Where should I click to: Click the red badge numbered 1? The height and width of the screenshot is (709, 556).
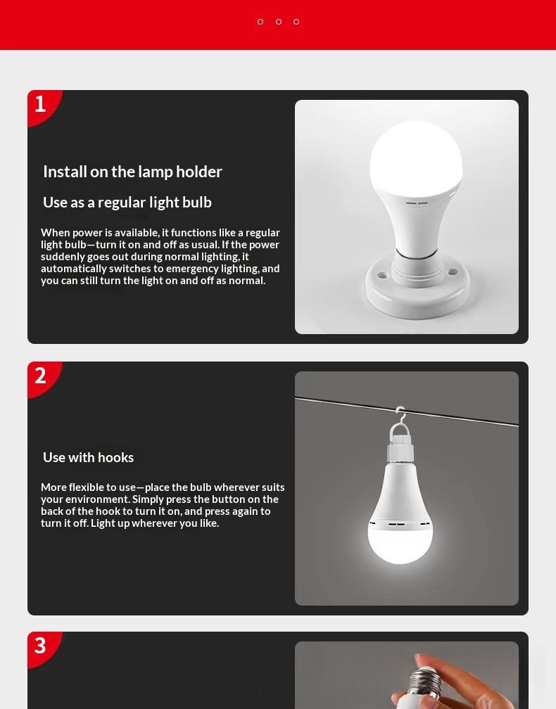42,106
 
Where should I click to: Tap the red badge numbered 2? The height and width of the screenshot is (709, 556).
42,377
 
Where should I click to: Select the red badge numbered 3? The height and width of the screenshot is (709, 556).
42,647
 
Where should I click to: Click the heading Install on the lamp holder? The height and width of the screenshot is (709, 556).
132,172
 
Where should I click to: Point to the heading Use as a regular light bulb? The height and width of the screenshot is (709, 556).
127,203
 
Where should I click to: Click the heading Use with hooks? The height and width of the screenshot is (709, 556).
88,458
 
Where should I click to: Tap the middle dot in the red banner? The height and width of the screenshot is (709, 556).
279,22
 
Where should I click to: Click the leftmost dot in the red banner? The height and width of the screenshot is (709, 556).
260,22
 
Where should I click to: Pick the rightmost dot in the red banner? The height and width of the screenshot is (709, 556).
296,22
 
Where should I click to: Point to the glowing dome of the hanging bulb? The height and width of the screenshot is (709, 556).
400,542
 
